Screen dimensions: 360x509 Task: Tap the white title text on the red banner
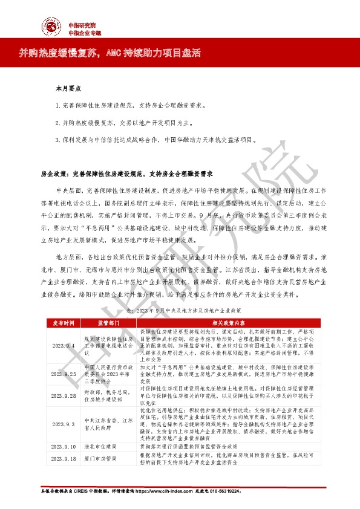[x=115, y=54]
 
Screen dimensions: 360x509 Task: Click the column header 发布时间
[x=62, y=323]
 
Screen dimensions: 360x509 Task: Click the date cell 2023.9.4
[x=62, y=346]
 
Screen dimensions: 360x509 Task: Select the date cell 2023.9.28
[x=62, y=394]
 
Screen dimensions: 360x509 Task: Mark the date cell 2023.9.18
[x=62, y=458]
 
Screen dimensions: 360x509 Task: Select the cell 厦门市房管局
[x=98, y=458]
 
